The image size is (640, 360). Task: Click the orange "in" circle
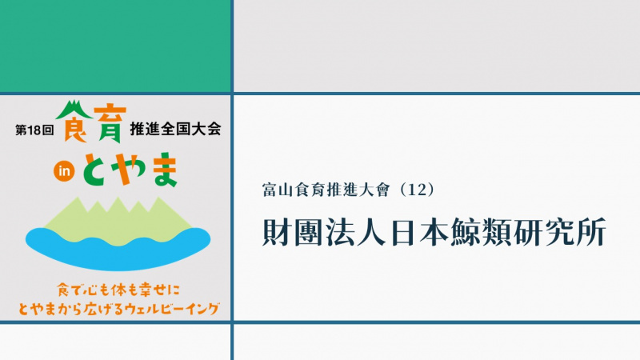coord(64,171)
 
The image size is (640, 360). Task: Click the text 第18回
coord(34,130)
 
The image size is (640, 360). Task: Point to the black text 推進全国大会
coord(175,129)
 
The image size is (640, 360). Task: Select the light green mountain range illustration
coord(118,222)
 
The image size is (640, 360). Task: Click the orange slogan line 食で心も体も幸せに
coord(118,290)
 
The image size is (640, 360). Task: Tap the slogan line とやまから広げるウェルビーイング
coord(118,309)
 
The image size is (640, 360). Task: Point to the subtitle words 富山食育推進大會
coord(326,190)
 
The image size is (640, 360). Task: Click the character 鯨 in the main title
coord(466,233)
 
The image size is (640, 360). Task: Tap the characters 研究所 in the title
coord(560,233)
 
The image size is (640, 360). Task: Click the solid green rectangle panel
coord(115,46)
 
